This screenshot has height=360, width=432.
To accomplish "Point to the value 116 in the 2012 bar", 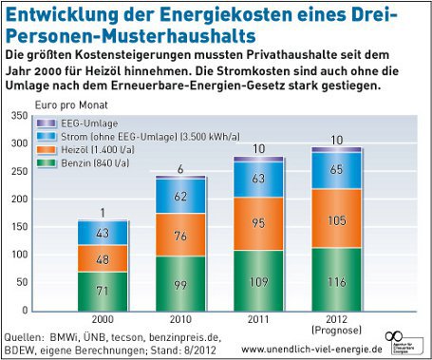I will [x=335, y=284].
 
